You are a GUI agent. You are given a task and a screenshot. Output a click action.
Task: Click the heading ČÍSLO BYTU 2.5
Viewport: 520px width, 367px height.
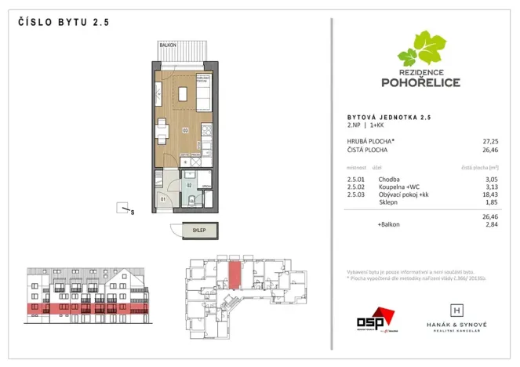[x=62, y=23]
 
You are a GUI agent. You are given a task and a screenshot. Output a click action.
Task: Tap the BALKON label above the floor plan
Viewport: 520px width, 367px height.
[x=166, y=45]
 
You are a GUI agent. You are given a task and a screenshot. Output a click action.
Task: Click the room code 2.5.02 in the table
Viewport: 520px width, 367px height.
[x=357, y=187]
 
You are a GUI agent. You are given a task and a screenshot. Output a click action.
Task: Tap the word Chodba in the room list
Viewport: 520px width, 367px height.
[x=390, y=179]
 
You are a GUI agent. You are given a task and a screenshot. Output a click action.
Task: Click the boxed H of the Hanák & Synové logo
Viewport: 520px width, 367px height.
[x=457, y=311]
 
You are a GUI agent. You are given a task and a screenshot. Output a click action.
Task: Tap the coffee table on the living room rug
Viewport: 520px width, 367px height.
[x=184, y=95]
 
